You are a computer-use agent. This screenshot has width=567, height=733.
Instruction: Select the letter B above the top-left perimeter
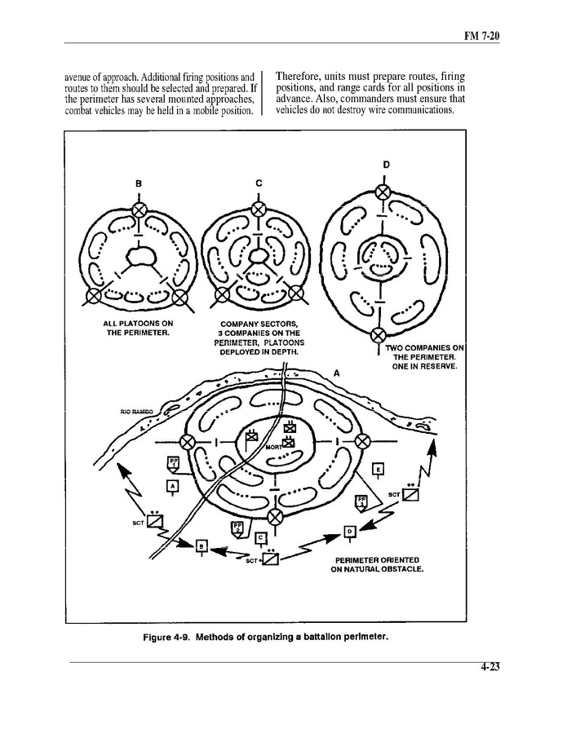140,183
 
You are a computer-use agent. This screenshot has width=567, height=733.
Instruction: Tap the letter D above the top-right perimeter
386,164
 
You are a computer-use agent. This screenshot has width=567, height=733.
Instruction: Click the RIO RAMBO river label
126,412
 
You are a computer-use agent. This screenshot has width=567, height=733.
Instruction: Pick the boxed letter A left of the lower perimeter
172,487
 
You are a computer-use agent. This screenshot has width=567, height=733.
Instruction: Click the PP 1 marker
173,464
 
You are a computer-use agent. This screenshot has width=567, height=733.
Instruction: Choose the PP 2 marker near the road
237,528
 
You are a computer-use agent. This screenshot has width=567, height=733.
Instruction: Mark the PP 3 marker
361,501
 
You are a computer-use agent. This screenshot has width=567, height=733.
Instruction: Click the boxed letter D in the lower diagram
349,532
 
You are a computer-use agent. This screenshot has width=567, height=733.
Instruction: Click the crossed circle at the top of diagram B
140,210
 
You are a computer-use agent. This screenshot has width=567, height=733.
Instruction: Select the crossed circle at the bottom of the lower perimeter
276,515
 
